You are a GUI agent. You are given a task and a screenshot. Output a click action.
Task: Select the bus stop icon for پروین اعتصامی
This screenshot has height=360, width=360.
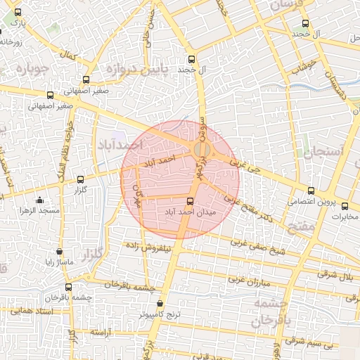(311, 191)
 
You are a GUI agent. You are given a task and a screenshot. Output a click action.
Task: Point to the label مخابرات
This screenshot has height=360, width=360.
(345, 216)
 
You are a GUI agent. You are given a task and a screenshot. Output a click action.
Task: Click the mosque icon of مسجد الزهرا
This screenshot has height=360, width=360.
(39, 200)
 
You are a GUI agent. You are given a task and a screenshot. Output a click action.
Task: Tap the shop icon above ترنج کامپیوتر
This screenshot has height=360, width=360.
(160, 304)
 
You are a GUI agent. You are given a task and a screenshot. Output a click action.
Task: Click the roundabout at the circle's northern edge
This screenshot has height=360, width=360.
(200, 150)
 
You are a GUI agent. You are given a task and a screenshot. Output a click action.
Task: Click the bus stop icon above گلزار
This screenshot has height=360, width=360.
(79, 180)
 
